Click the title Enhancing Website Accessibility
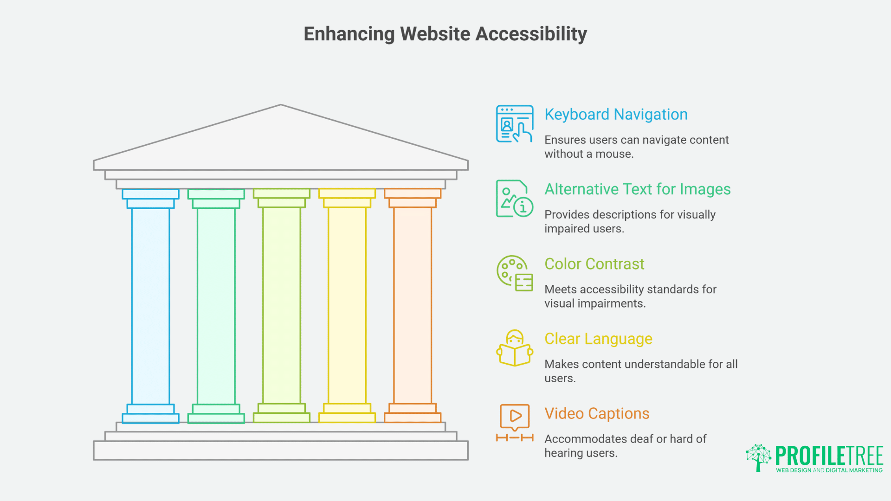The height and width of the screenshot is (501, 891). (x=445, y=34)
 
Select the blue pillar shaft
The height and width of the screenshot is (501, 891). (x=150, y=306)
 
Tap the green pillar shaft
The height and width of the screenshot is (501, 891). (x=216, y=306)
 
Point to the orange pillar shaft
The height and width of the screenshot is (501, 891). (x=412, y=306)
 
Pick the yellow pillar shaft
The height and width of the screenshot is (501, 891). (x=347, y=306)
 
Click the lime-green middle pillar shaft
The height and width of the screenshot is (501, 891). (x=281, y=306)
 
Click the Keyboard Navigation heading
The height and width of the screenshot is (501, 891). (x=616, y=115)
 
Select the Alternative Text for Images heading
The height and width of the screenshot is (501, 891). (x=637, y=189)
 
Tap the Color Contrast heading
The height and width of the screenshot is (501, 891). (x=594, y=264)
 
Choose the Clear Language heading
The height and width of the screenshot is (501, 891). (x=598, y=339)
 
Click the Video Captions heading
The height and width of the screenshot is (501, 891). (x=597, y=414)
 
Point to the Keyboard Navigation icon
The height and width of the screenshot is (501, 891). (x=515, y=124)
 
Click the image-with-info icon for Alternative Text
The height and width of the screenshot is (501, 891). (x=515, y=199)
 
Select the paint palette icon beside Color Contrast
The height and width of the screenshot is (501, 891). (x=515, y=273)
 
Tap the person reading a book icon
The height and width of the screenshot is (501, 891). (x=515, y=348)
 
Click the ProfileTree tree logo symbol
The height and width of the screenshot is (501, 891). (x=758, y=457)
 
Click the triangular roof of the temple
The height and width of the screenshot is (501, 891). (x=281, y=139)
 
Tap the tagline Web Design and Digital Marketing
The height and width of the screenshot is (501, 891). (x=829, y=470)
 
